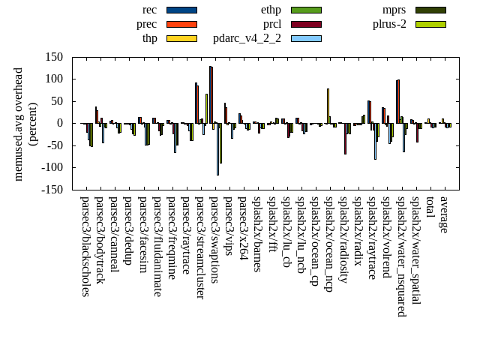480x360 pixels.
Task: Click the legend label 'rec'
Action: tap(149, 10)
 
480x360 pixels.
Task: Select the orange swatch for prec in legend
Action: tap(181, 24)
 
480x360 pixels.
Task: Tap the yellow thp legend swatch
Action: tap(181, 38)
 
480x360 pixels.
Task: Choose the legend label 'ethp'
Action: tap(271, 10)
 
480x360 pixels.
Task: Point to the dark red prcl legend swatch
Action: tap(306, 24)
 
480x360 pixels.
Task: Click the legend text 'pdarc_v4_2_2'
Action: tap(247, 38)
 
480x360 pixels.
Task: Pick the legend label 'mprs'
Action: tap(394, 10)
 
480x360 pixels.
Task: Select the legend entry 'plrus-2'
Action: tap(389, 24)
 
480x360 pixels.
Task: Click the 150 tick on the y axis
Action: tap(53, 57)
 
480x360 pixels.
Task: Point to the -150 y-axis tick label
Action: tap(51, 190)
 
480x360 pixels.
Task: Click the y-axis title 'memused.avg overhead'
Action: tap(19, 124)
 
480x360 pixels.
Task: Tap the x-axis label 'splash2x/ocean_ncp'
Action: tap(328, 243)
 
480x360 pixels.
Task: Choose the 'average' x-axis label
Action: tap(444, 215)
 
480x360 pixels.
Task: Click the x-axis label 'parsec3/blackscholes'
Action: tap(85, 247)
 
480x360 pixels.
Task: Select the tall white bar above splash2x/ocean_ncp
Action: tap(328, 106)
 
